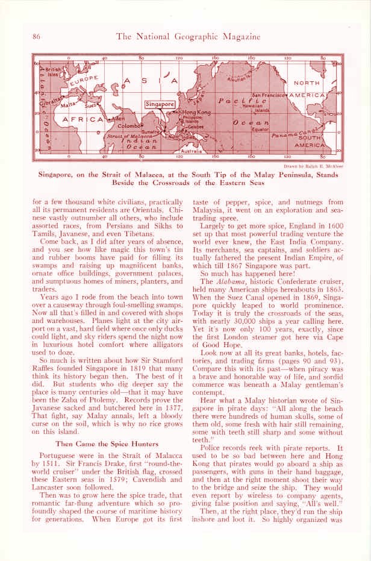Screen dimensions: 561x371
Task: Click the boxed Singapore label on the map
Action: point(160,104)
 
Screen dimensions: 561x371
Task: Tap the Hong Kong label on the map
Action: point(196,112)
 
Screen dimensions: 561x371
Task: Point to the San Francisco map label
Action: point(269,95)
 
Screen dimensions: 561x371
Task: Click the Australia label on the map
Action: point(192,151)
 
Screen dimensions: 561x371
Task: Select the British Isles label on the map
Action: point(50,72)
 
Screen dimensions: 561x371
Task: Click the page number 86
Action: point(36,37)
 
